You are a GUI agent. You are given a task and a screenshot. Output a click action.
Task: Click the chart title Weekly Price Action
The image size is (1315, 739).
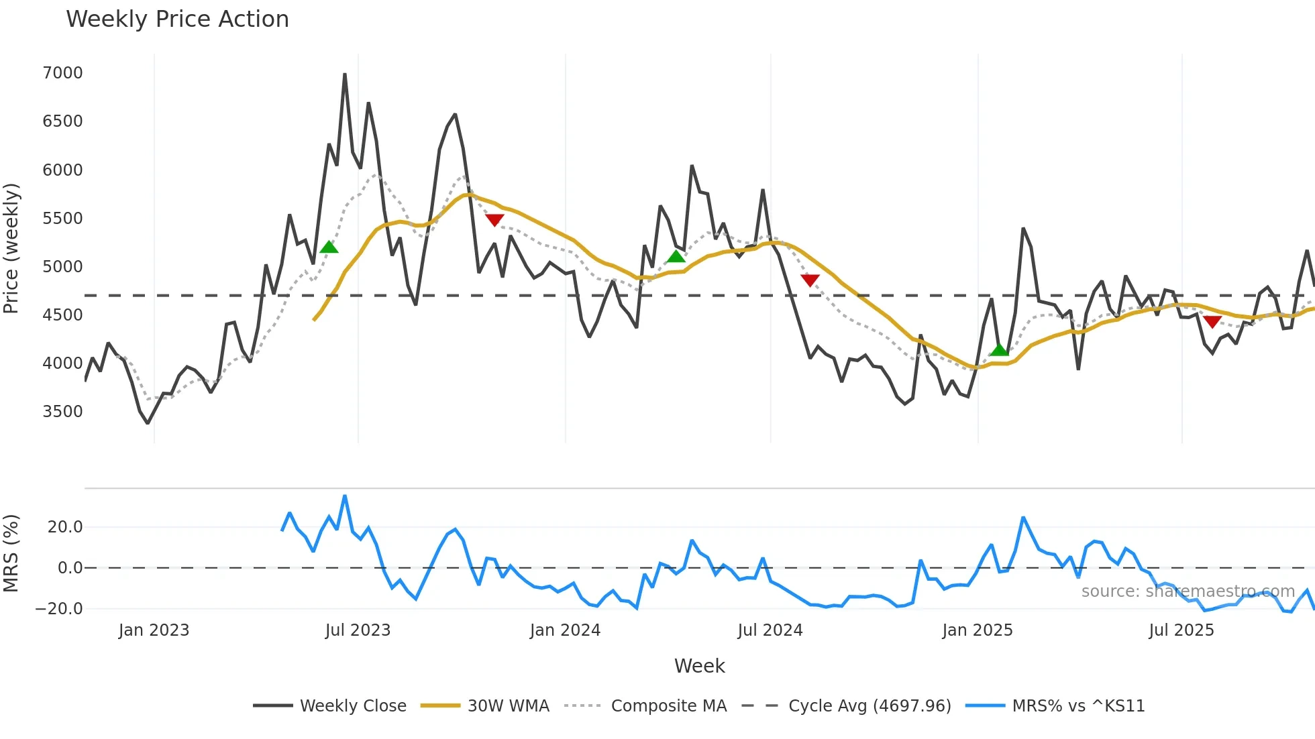click(x=177, y=19)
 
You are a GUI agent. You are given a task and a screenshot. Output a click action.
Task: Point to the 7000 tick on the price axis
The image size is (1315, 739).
click(x=62, y=73)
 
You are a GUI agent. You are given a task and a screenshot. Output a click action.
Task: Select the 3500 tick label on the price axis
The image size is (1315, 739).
click(x=62, y=412)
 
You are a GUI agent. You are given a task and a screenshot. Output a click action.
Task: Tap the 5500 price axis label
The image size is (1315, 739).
click(x=62, y=219)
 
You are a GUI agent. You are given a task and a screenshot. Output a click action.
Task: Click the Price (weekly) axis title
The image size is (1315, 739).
click(x=11, y=249)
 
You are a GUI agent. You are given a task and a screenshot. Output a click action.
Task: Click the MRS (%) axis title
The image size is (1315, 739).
click(x=11, y=553)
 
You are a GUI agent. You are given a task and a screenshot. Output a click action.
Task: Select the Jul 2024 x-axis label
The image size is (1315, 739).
click(x=770, y=630)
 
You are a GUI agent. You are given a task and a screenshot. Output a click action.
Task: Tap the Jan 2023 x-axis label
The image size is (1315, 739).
click(x=154, y=630)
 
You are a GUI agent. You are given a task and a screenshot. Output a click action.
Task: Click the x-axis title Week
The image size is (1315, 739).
click(x=699, y=666)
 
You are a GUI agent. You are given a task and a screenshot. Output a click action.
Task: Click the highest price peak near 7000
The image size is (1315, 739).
click(x=345, y=74)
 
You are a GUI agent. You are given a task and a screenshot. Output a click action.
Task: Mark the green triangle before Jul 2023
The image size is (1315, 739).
click(x=329, y=247)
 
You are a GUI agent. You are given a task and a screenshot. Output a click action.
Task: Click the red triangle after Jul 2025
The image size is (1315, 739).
click(x=1212, y=322)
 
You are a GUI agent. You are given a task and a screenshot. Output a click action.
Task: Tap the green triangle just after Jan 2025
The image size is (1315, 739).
click(x=999, y=350)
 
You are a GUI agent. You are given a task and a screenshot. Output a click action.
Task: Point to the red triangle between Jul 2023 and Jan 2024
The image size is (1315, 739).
click(x=494, y=220)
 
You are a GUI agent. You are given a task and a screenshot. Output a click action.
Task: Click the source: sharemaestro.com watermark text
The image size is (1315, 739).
click(x=1188, y=591)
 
